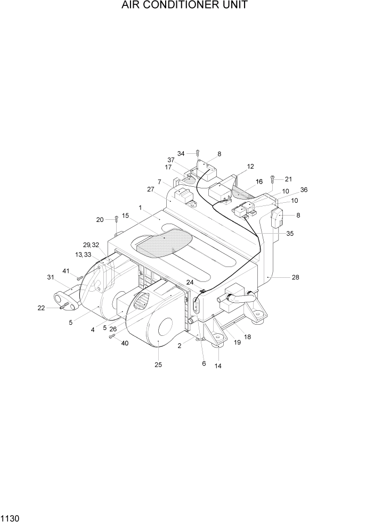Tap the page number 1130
pos(11,517)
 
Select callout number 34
pos(181,153)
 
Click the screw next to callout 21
pos(272,179)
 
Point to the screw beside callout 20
pos(116,220)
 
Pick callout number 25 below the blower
pos(158,365)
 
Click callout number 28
pos(295,277)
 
